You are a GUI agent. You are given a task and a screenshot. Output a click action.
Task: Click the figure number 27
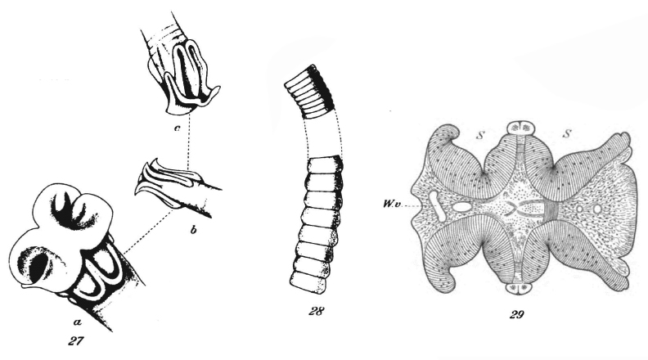76,340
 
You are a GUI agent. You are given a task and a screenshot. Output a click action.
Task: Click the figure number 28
316,311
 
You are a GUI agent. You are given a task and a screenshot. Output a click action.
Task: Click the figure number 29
516,315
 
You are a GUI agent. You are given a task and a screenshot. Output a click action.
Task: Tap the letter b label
193,230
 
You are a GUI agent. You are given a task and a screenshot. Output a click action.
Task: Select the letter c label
177,128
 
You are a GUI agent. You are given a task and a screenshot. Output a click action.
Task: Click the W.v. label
391,204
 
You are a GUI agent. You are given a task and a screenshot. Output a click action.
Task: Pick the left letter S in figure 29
479,135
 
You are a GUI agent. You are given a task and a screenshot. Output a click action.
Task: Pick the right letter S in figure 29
568,133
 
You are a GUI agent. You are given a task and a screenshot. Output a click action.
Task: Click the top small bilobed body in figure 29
520,127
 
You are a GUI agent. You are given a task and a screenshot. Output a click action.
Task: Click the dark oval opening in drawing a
35,269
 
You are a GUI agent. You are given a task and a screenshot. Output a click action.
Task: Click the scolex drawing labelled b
178,187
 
